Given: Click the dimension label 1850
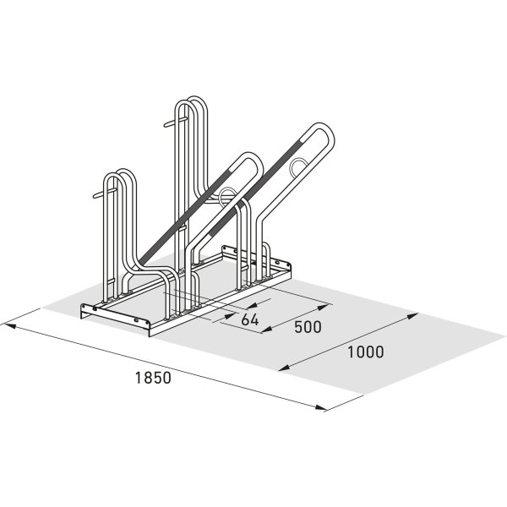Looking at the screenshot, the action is coord(153,378).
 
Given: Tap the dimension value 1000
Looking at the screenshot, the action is coord(365,352).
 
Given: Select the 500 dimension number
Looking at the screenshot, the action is coord(308,327).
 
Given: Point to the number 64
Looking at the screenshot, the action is coord(250,319).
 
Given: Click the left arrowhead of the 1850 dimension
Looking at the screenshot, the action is coord(9,325).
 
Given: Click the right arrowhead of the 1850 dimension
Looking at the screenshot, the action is coord(321,407).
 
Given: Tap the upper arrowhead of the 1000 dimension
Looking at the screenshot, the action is coord(412,315).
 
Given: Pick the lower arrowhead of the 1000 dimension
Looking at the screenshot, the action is coord(284,367).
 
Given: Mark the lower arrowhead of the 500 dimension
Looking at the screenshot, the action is coord(266,330).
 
